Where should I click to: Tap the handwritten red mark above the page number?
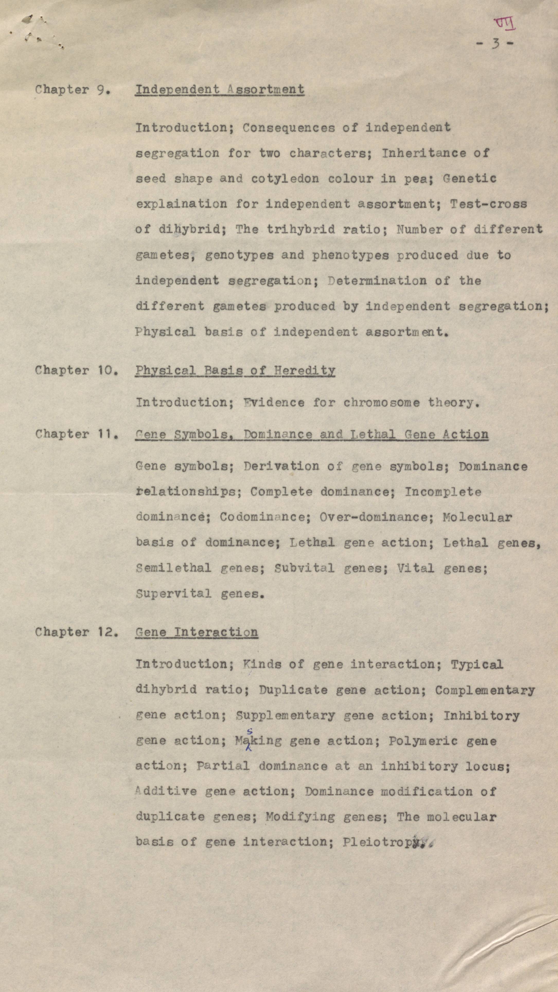504,24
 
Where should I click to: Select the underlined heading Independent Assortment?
219,89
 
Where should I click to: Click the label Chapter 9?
73,90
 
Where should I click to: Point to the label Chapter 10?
76,370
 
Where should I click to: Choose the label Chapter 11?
76,434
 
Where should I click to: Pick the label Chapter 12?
76,632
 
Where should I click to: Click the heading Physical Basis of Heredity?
235,370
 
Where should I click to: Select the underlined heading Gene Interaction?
196,632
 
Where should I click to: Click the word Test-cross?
488,204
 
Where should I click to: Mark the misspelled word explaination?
181,204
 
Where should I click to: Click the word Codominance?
265,517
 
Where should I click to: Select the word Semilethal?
173,568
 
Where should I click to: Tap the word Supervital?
173,594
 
